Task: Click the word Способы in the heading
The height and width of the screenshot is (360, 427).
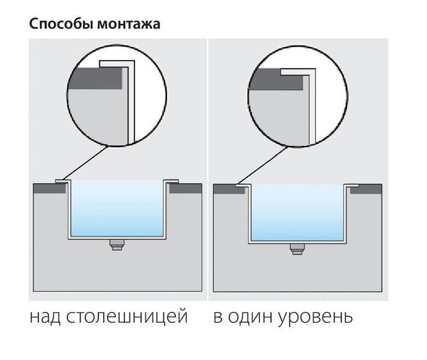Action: [x=61, y=24]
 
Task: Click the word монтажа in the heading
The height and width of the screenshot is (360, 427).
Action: [x=129, y=25]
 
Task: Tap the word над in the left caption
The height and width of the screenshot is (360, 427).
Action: [x=45, y=316]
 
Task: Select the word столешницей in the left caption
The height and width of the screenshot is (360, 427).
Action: [x=127, y=317]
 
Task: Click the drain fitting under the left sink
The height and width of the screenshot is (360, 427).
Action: [x=117, y=245]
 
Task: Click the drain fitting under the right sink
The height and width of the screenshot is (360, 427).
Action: [x=297, y=249]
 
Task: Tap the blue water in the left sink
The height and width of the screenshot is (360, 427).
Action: [x=117, y=208]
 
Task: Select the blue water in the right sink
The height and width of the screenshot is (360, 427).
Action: [x=297, y=212]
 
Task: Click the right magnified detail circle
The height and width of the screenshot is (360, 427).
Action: [x=297, y=47]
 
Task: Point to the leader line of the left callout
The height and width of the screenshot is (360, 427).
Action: [x=85, y=163]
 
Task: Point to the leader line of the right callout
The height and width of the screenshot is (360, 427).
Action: [x=262, y=166]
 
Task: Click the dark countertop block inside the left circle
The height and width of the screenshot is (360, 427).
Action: [x=95, y=79]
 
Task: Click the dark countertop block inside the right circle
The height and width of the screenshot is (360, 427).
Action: [x=276, y=79]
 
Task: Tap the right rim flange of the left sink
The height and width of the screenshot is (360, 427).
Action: [x=172, y=181]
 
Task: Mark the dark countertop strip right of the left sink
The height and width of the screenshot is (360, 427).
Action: [x=186, y=188]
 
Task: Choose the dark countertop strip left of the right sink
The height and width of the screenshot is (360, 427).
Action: [x=229, y=190]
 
